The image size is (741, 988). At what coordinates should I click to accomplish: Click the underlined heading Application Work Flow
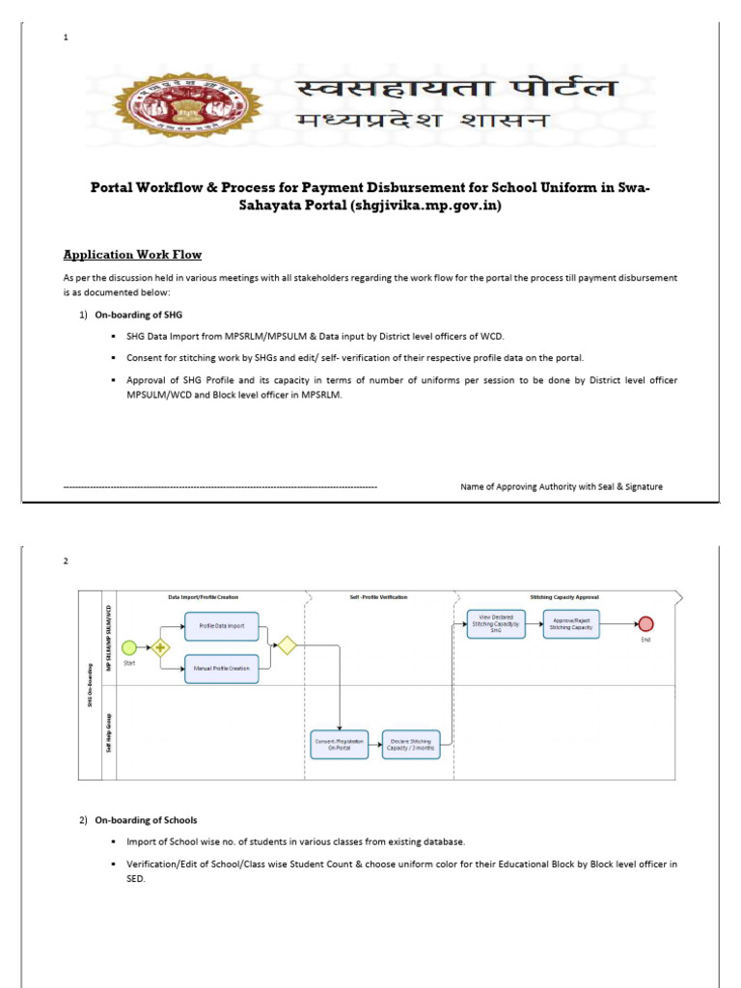click(x=132, y=255)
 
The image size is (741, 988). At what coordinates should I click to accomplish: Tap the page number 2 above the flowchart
click(x=66, y=561)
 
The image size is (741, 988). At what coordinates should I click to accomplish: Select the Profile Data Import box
click(x=222, y=625)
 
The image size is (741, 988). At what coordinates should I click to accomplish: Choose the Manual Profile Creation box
click(x=222, y=668)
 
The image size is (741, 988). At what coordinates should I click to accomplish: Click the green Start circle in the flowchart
click(x=128, y=647)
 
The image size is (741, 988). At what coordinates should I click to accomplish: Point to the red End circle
click(x=646, y=622)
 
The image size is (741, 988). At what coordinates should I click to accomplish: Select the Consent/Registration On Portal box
click(x=339, y=744)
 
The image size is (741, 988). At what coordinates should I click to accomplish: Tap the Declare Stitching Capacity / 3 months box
click(x=411, y=744)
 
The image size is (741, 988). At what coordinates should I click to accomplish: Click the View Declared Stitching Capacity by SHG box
click(x=496, y=622)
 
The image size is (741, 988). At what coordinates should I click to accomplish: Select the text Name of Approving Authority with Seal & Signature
click(x=561, y=487)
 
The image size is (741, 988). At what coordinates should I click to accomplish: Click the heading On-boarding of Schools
click(x=145, y=820)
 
